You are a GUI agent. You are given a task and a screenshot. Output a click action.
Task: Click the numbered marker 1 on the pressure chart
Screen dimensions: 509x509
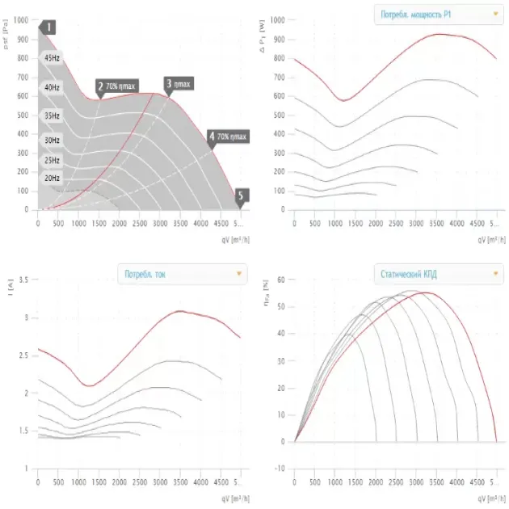(48, 27)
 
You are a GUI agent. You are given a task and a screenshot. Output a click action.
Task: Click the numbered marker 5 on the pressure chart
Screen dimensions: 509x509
(241, 195)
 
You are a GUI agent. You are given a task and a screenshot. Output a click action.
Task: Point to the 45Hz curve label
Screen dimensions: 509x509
(52, 58)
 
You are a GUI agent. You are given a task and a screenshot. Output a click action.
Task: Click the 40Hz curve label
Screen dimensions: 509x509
(52, 87)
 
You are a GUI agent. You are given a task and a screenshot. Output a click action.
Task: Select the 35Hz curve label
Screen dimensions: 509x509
(52, 116)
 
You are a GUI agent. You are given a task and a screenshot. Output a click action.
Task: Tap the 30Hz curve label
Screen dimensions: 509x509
(52, 141)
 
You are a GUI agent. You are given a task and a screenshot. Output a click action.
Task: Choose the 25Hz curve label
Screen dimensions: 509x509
(52, 161)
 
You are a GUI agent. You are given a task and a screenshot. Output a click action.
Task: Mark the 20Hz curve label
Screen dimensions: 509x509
(52, 178)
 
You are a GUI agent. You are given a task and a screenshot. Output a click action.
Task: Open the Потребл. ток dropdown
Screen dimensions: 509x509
(182, 274)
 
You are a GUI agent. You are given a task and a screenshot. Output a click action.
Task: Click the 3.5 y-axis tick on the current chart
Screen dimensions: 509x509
(23, 280)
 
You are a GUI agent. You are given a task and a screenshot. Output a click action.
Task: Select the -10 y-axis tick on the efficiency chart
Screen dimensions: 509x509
(279, 469)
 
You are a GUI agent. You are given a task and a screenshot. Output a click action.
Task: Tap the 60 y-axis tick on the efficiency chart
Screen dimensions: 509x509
(280, 280)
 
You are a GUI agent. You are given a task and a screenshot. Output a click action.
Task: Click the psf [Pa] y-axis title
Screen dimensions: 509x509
(7, 36)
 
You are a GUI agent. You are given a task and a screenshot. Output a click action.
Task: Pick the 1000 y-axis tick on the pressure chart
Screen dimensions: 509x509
(20, 19)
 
